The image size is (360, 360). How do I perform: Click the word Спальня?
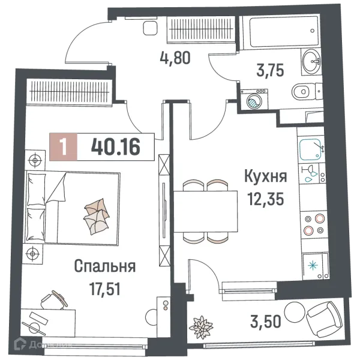coord(105,266)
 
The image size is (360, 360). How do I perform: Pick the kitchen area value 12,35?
coord(265,197)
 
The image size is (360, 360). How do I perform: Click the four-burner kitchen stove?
coord(313,223)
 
